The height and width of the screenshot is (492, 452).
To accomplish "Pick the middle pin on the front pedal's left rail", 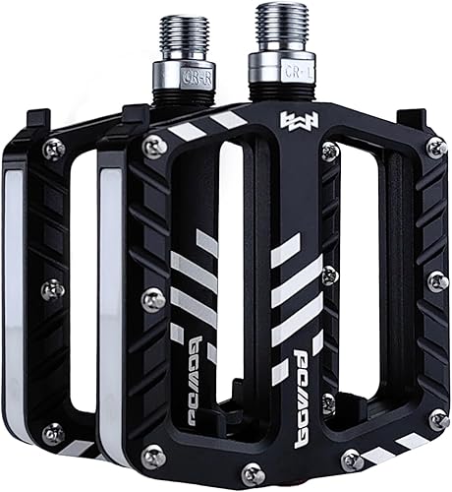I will [153, 299].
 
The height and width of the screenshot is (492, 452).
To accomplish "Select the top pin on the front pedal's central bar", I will [330, 151].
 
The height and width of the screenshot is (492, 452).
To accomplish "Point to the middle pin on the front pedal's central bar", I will [330, 275].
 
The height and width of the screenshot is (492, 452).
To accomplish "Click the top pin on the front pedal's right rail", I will [435, 148].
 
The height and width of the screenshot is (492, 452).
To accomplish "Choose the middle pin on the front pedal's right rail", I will [436, 281].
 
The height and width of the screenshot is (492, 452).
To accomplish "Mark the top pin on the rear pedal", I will [52, 149].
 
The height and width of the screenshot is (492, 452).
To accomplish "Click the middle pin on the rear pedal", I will [53, 289].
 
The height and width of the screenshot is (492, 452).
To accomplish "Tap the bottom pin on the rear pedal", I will [53, 432].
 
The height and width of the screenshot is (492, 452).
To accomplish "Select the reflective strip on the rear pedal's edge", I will [12, 295].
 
